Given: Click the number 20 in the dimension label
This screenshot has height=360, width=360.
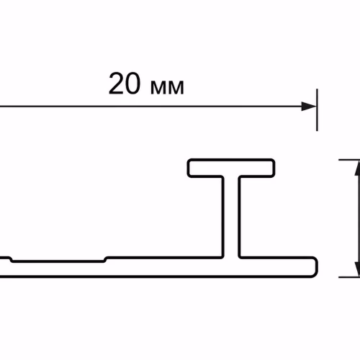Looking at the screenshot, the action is click(x=124, y=84).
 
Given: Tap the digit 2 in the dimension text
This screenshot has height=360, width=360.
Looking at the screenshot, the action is click(x=116, y=84).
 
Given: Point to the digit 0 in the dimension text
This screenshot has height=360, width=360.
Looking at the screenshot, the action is click(x=132, y=84).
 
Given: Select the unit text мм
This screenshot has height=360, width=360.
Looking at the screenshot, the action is click(x=167, y=87).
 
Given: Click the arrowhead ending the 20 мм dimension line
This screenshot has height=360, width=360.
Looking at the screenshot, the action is click(x=309, y=107).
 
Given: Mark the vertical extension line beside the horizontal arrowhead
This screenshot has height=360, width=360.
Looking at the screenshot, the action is click(x=317, y=110).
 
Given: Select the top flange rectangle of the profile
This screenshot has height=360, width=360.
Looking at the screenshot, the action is click(x=231, y=168).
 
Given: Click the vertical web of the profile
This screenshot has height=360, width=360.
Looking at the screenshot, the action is click(x=231, y=217).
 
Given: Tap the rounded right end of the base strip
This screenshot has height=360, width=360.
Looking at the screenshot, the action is click(x=315, y=267).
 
